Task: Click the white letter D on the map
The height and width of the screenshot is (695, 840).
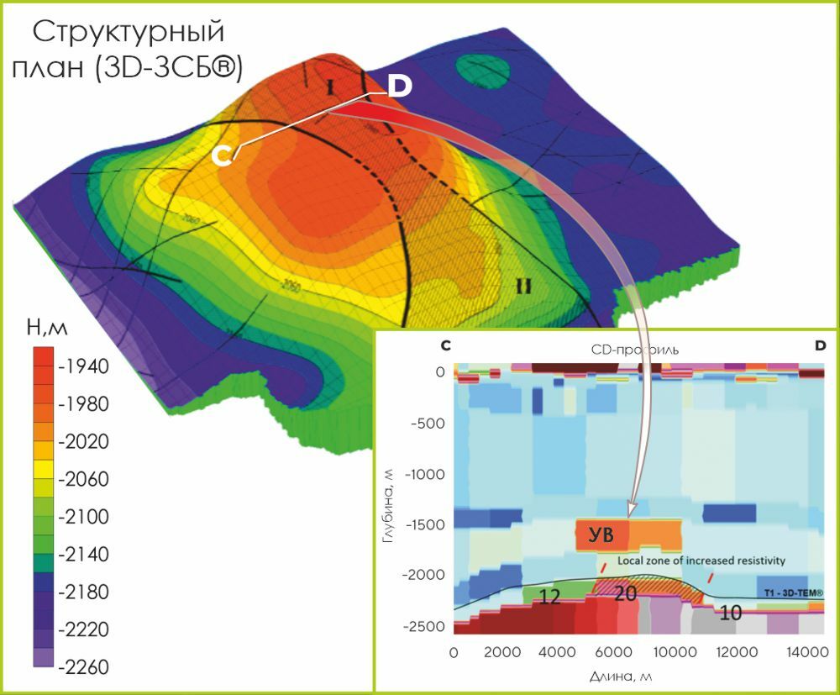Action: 399,86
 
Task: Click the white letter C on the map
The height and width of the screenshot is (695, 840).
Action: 223,155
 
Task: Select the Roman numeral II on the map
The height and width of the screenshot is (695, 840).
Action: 524,286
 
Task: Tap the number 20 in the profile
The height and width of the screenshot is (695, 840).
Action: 626,593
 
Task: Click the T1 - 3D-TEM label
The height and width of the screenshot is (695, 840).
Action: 794,593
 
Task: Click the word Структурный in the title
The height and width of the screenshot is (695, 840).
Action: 129,34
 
